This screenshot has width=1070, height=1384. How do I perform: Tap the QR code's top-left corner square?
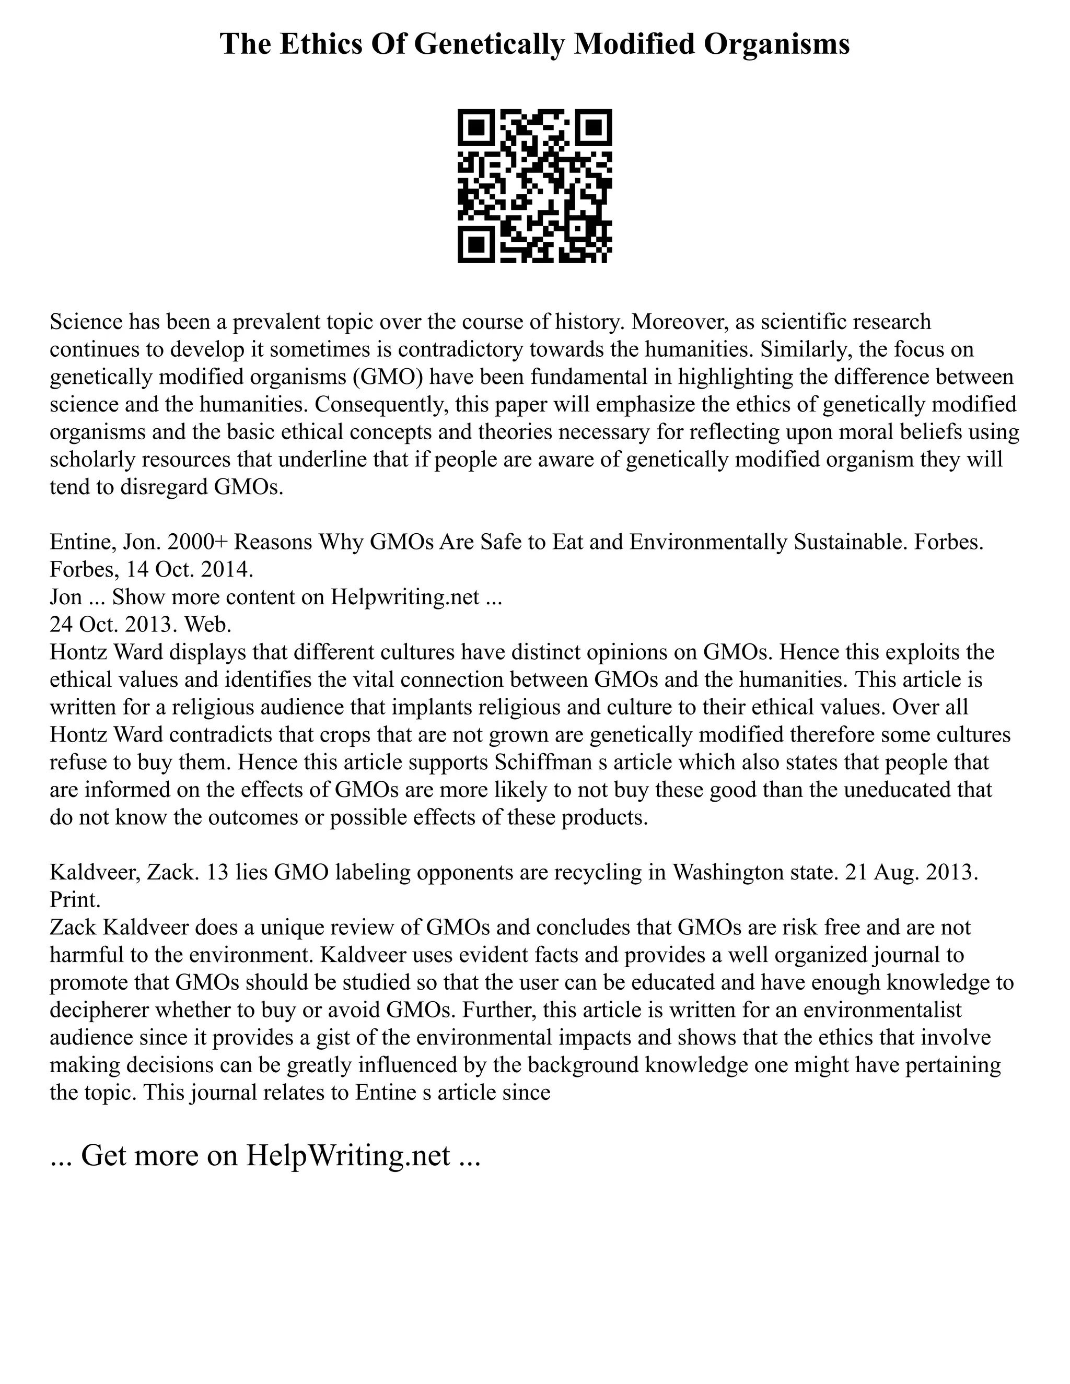[x=476, y=127]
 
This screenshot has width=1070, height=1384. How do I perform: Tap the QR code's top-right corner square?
[x=594, y=127]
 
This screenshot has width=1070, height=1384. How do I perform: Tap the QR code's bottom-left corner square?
[x=476, y=244]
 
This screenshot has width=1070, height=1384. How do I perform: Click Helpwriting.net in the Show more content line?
[x=405, y=597]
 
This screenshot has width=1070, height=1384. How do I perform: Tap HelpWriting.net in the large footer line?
[x=347, y=1155]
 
